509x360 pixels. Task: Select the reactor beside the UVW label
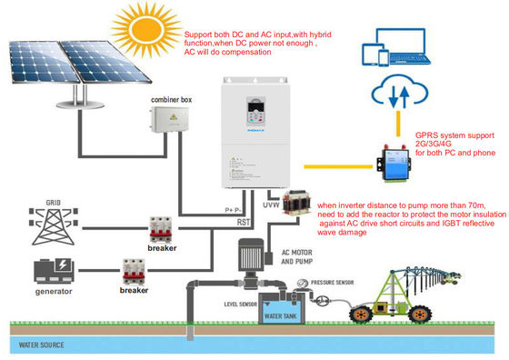coord(295,206)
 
